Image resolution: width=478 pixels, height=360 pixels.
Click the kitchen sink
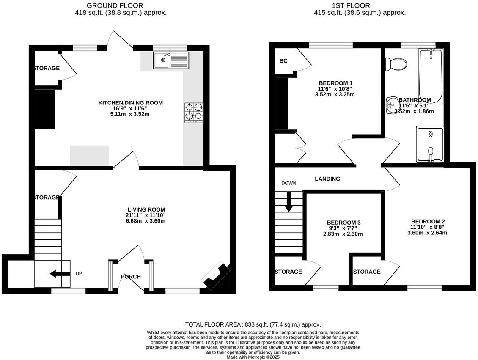(172, 60)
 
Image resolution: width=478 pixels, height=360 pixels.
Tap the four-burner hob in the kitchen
(194, 113)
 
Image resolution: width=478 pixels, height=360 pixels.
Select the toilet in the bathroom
(397, 64)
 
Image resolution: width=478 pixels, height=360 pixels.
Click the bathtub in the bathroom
(431, 76)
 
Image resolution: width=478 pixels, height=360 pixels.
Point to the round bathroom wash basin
(392, 106)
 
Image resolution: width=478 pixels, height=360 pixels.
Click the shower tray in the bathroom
(431, 144)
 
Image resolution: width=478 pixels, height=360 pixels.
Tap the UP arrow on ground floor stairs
(60, 274)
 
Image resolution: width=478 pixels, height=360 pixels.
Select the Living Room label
(146, 209)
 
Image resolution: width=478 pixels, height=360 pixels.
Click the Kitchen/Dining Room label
(130, 103)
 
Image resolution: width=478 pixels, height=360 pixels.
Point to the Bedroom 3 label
(343, 223)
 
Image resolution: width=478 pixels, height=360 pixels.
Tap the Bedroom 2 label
(428, 221)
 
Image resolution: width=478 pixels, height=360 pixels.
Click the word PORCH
(131, 277)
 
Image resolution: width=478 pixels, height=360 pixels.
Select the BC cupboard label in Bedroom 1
(283, 61)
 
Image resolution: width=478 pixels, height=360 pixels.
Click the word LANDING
(327, 179)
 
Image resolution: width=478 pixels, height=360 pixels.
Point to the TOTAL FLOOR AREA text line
(253, 324)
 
